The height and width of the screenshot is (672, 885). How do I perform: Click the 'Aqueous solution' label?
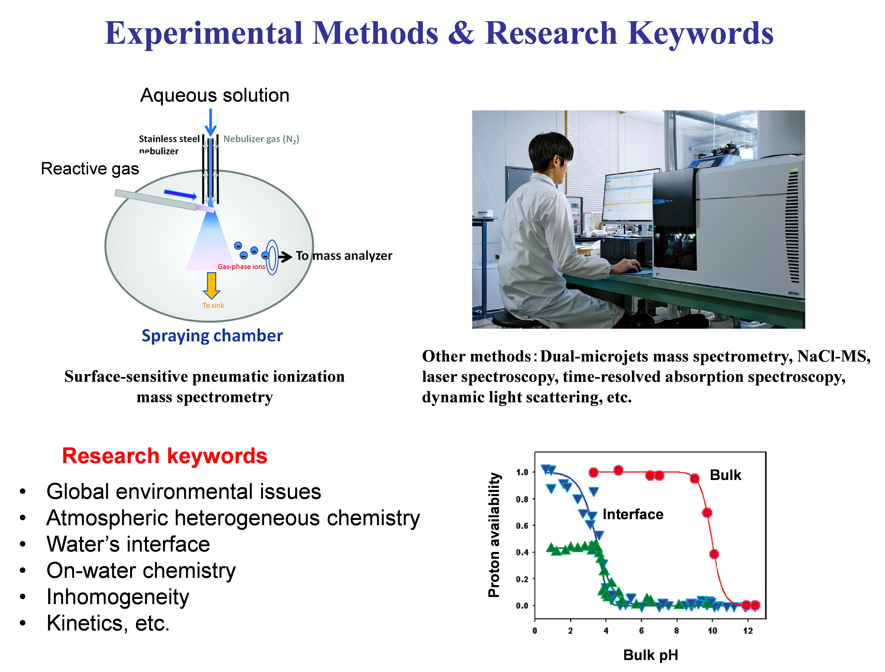(x=215, y=95)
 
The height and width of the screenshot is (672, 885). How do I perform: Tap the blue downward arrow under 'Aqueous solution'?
(x=211, y=122)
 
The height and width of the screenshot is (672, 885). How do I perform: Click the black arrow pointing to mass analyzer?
(x=285, y=257)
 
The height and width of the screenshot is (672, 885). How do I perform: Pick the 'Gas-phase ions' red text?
(x=241, y=266)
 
